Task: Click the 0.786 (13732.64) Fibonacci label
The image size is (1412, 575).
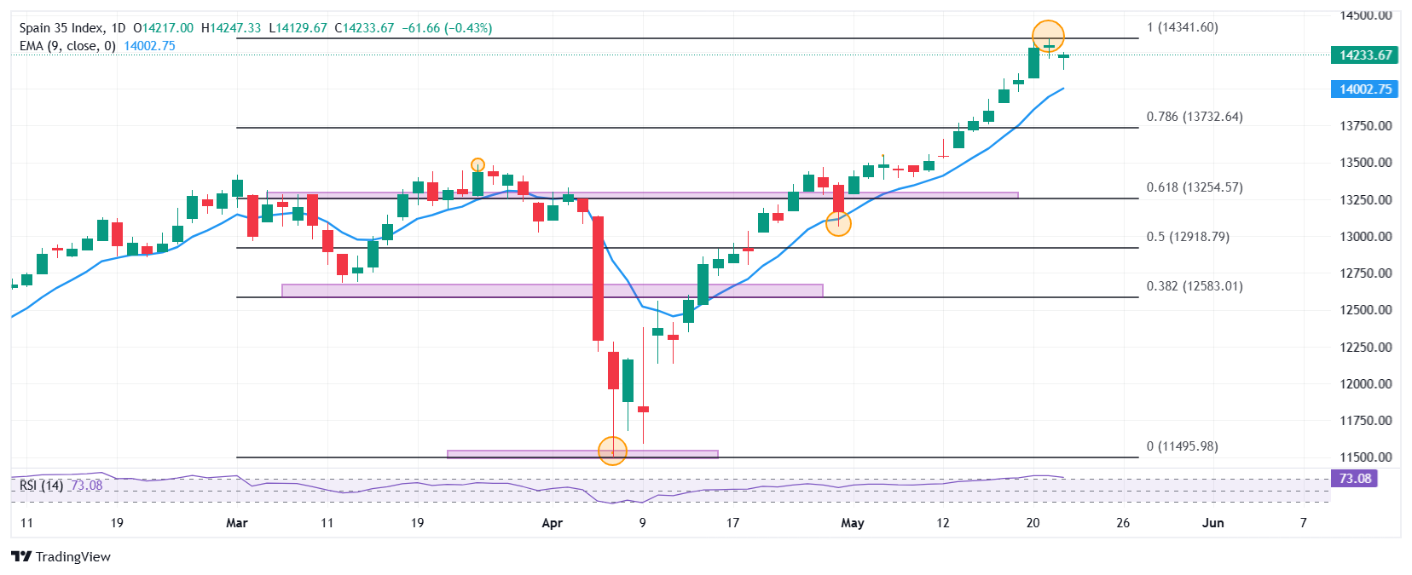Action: coord(1194,117)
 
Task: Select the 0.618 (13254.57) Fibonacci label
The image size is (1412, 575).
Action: coord(1194,187)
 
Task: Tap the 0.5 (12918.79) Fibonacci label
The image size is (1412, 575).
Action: coord(1188,237)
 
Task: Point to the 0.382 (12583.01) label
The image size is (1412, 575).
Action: coord(1194,286)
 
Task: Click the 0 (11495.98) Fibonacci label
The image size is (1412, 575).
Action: coord(1182,446)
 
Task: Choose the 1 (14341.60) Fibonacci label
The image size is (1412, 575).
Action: coord(1182,27)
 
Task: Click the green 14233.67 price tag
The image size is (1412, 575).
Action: coord(1364,55)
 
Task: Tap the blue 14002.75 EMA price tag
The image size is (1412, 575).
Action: coord(1364,89)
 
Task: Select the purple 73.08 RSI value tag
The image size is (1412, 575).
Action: coord(1354,479)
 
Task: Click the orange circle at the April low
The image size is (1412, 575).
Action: coord(612,451)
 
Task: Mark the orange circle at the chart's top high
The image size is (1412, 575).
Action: coord(1048,36)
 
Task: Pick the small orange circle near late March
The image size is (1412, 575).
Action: coord(477,165)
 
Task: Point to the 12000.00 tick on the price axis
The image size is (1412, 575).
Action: coord(1365,384)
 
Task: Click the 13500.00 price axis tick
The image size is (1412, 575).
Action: coord(1365,163)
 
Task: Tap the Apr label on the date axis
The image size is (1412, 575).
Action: coord(552,523)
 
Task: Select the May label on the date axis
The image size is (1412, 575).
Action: coord(852,523)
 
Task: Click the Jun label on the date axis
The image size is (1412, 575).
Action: coord(1212,523)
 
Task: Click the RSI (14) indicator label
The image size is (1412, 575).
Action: coord(41,486)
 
